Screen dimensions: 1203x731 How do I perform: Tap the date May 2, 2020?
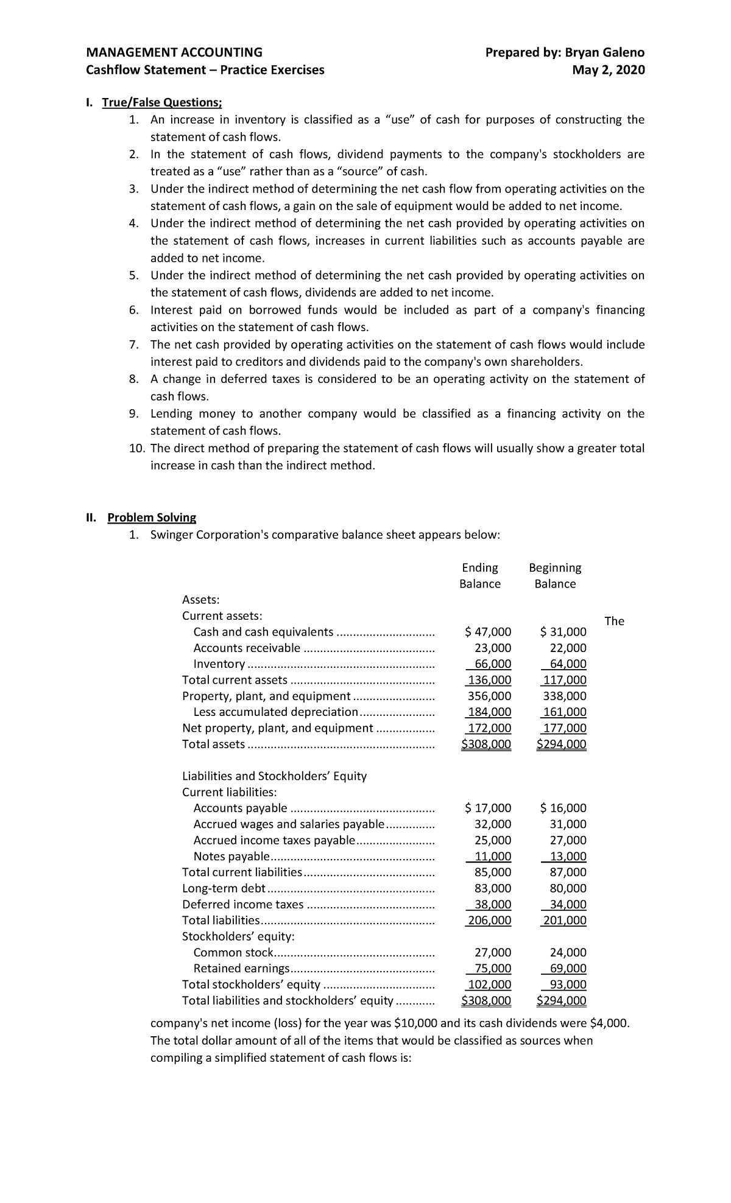[608, 70]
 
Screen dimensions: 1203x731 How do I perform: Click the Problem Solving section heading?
[152, 517]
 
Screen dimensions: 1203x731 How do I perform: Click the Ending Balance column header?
[480, 576]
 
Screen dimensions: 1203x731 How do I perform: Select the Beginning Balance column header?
[555, 576]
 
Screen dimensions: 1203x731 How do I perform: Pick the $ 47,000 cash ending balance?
[488, 632]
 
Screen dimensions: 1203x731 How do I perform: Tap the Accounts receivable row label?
[247, 648]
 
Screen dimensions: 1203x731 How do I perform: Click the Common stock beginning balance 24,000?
[568, 952]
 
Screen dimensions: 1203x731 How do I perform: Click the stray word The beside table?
[614, 621]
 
